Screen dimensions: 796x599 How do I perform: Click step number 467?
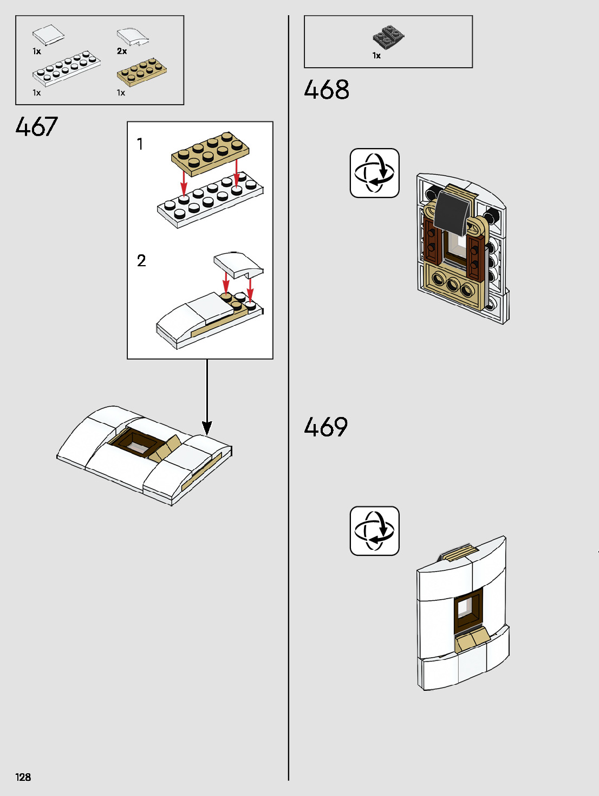coord(36,127)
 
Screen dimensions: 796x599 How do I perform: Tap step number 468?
coord(327,90)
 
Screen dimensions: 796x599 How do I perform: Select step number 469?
coord(326,427)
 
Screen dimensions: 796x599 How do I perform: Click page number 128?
coord(23,777)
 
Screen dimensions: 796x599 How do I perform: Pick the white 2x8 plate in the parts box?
coord(66,68)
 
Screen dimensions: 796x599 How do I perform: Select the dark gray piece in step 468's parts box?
coord(388,36)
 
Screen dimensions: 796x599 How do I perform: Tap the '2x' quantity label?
coord(122,51)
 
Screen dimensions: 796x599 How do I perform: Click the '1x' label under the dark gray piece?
coord(376,55)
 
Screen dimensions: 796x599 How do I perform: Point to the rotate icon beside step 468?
coord(374,173)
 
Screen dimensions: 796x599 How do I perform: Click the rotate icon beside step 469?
coord(374,531)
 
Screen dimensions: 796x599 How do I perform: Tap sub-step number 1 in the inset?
coord(140,144)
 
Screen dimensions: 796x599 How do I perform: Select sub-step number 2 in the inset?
coord(141,261)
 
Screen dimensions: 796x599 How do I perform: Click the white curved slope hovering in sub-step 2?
coord(239,263)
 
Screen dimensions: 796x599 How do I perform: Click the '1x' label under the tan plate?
coord(121,93)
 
